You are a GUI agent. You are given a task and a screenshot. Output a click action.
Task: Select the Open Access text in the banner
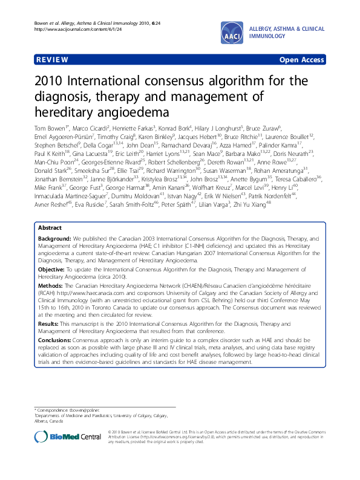coord(301,60)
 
